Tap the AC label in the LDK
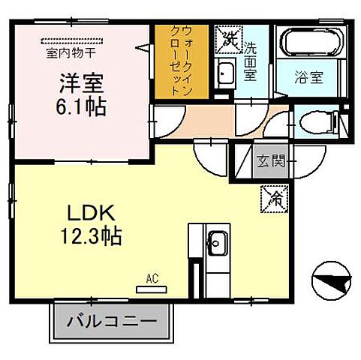152,278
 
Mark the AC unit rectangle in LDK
152,288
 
